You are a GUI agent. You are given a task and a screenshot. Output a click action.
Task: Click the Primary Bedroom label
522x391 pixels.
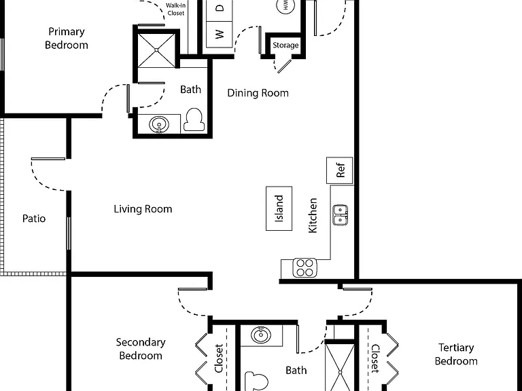(x=67, y=38)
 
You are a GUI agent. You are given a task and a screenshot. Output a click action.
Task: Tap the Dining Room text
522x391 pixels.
(x=258, y=93)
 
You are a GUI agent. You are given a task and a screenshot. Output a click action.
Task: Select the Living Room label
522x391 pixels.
(x=143, y=209)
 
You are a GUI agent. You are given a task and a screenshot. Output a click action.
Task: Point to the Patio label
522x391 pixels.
(x=34, y=219)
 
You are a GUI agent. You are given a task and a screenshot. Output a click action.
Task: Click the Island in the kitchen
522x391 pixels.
(x=279, y=208)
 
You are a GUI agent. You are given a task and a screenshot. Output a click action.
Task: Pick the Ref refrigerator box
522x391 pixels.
(x=340, y=170)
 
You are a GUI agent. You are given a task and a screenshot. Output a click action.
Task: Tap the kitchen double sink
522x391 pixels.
(x=341, y=215)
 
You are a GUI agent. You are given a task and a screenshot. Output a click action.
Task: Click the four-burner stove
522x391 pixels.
(x=305, y=268)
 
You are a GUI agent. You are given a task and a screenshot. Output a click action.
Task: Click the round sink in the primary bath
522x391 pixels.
(x=159, y=124)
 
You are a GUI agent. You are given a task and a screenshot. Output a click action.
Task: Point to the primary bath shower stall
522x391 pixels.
(x=156, y=50)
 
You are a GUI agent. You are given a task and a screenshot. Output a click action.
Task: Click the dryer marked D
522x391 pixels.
(x=219, y=9)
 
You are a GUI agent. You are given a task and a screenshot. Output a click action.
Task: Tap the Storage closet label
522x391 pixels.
(x=285, y=45)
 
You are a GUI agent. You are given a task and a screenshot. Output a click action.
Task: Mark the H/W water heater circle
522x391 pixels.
(x=285, y=5)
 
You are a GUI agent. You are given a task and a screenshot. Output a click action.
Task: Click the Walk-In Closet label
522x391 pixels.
(x=176, y=10)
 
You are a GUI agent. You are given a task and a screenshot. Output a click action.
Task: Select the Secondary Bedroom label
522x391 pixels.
(x=141, y=349)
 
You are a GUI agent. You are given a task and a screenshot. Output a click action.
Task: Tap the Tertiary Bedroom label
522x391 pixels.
(x=456, y=354)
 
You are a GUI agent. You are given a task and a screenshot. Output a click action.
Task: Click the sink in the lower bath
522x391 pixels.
(x=261, y=335)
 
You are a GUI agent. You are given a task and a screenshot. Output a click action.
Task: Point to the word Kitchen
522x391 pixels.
(x=313, y=215)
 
